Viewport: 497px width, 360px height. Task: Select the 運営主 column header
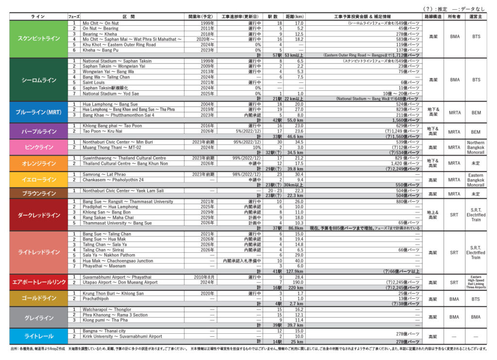pos(476,17)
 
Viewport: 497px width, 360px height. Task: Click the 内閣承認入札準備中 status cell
pos(242,261)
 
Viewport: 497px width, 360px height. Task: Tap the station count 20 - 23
pos(274,191)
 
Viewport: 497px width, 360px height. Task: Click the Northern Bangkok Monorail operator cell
pos(476,147)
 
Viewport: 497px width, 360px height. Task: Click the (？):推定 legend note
pos(435,9)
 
